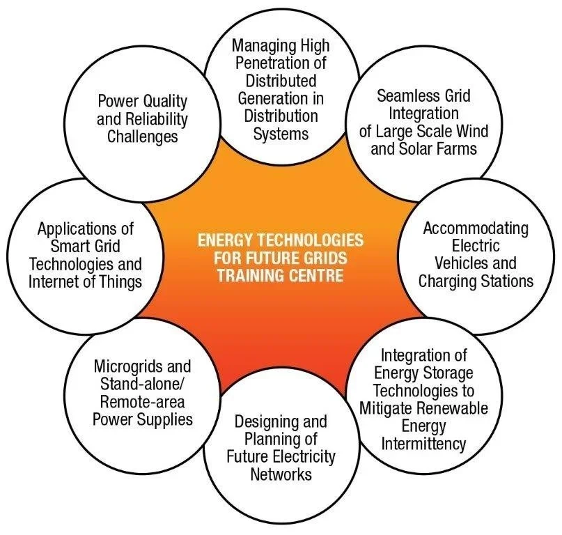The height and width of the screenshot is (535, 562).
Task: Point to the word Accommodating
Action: [476, 228]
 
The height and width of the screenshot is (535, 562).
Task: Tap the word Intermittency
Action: [423, 444]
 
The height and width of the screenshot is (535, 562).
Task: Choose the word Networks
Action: [281, 474]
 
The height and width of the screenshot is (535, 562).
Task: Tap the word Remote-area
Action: [142, 402]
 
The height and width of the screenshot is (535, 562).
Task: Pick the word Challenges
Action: [142, 137]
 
